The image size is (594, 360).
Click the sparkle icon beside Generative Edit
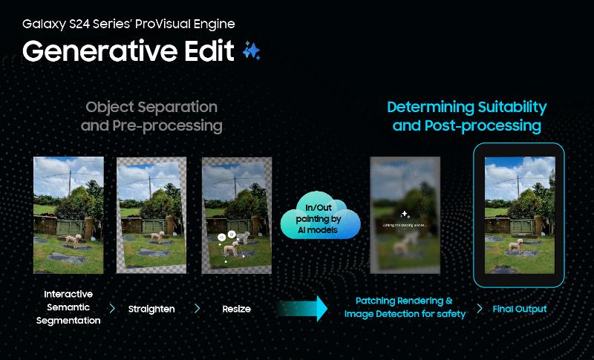coord(251,50)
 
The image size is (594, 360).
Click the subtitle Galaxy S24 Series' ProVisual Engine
coord(128,24)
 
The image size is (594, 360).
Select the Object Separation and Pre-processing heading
coord(151,117)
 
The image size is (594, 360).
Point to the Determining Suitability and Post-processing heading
coord(466,117)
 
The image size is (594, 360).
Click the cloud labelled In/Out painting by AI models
coord(320,217)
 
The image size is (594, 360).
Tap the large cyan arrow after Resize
coord(304,308)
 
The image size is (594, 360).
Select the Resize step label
coord(236,308)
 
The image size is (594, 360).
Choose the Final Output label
coord(520,309)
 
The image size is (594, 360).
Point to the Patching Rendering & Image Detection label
coord(405,307)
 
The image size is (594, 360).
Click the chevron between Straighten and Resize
coord(198,308)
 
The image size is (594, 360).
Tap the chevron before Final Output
coord(480,308)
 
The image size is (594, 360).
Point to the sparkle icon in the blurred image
coord(405,214)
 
